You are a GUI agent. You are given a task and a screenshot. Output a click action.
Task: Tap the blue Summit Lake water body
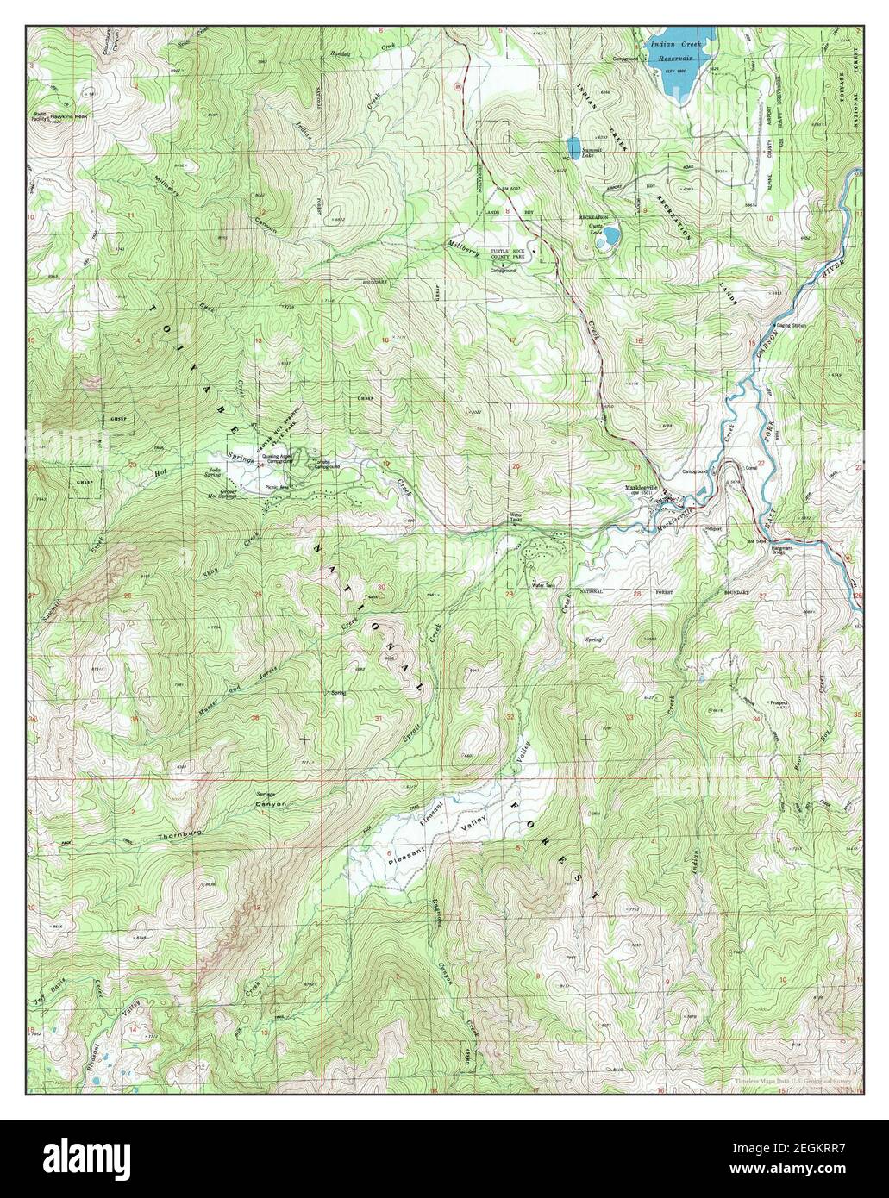(573, 143)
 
